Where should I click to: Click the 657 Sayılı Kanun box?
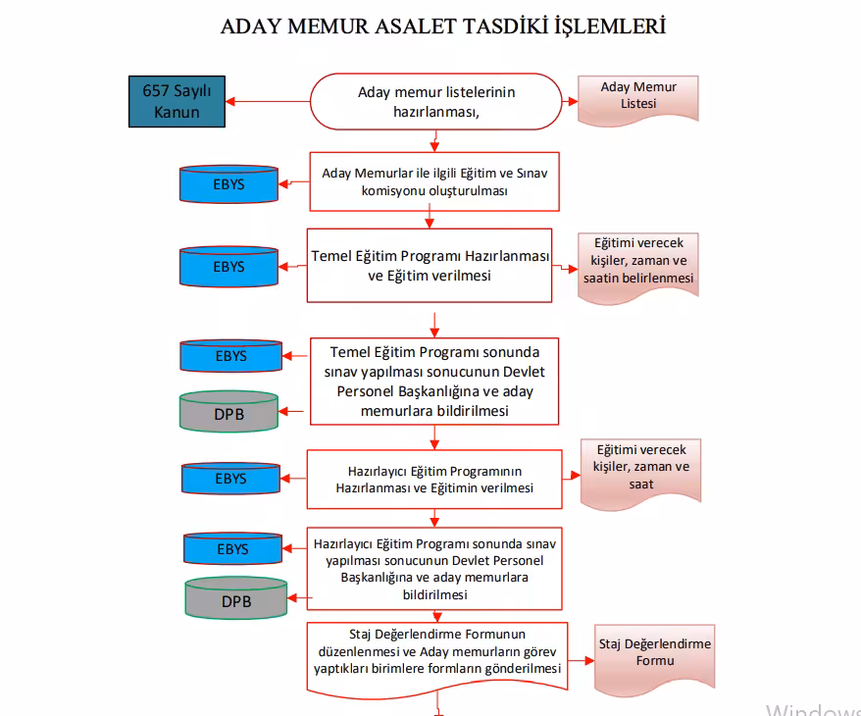tap(177, 102)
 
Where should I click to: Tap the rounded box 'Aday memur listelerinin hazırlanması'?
tap(436, 101)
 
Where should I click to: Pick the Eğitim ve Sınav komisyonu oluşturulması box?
tap(434, 181)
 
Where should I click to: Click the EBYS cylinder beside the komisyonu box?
tap(228, 183)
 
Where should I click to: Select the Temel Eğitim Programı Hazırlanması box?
tap(430, 265)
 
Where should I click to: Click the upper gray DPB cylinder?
tap(228, 413)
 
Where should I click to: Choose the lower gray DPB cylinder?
tap(235, 599)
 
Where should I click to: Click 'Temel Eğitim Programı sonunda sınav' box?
tap(434, 381)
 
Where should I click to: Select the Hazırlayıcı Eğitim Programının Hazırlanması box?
tap(434, 479)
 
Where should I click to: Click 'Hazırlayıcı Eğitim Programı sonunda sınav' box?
tap(434, 568)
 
